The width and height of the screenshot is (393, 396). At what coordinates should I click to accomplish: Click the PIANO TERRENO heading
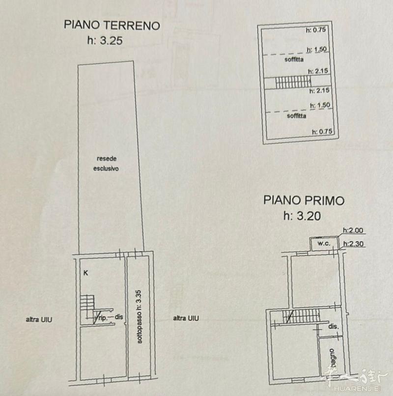coord(112,25)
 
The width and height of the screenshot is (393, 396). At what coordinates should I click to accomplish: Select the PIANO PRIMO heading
coord(304,200)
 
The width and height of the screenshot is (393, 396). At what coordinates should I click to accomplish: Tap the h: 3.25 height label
coord(105,40)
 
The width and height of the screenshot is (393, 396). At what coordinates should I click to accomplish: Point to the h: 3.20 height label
coord(302,216)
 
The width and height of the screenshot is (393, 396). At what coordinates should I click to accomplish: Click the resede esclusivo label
coord(106,164)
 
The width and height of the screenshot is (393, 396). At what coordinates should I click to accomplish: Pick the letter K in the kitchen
coord(86,273)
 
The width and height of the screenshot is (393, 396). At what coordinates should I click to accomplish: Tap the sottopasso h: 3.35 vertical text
coord(139,317)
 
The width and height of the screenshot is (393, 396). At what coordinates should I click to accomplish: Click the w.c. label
coord(324,244)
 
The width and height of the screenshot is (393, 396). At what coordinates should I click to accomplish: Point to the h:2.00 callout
coord(353,230)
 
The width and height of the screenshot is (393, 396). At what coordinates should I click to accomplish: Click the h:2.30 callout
coord(353,244)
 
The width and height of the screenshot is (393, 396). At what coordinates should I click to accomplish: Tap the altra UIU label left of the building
coord(39,319)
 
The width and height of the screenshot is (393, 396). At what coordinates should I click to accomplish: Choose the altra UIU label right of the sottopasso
coord(186,318)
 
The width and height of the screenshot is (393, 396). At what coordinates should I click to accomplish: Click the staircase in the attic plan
coord(293,83)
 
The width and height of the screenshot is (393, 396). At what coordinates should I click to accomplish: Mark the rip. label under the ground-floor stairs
coord(103,317)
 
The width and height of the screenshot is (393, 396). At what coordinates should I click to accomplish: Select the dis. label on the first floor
coord(334,327)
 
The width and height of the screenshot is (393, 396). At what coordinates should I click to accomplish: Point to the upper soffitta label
coord(294,59)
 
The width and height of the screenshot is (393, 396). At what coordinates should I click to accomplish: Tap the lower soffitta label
coord(297,116)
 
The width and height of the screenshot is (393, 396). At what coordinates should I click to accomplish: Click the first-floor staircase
coord(301,316)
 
